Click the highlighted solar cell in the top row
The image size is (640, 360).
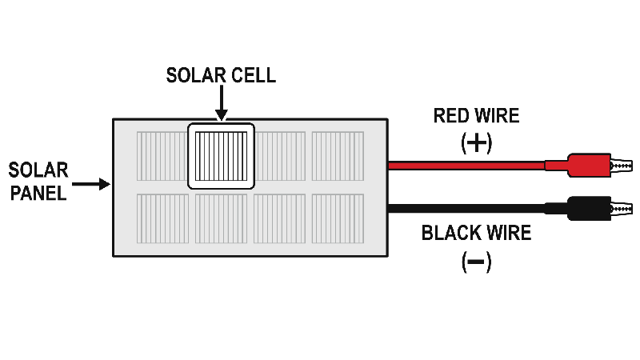(221, 156)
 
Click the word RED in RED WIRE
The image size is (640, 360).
(450, 116)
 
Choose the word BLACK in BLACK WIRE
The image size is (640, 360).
(448, 234)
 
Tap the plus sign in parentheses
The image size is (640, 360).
(477, 143)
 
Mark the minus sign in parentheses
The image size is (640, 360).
(477, 262)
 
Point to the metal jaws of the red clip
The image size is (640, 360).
(621, 166)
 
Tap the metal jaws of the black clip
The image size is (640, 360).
(621, 209)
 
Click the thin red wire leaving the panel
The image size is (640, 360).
(464, 166)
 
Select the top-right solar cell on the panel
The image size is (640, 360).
(338, 156)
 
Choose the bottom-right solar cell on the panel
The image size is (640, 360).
(338, 218)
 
